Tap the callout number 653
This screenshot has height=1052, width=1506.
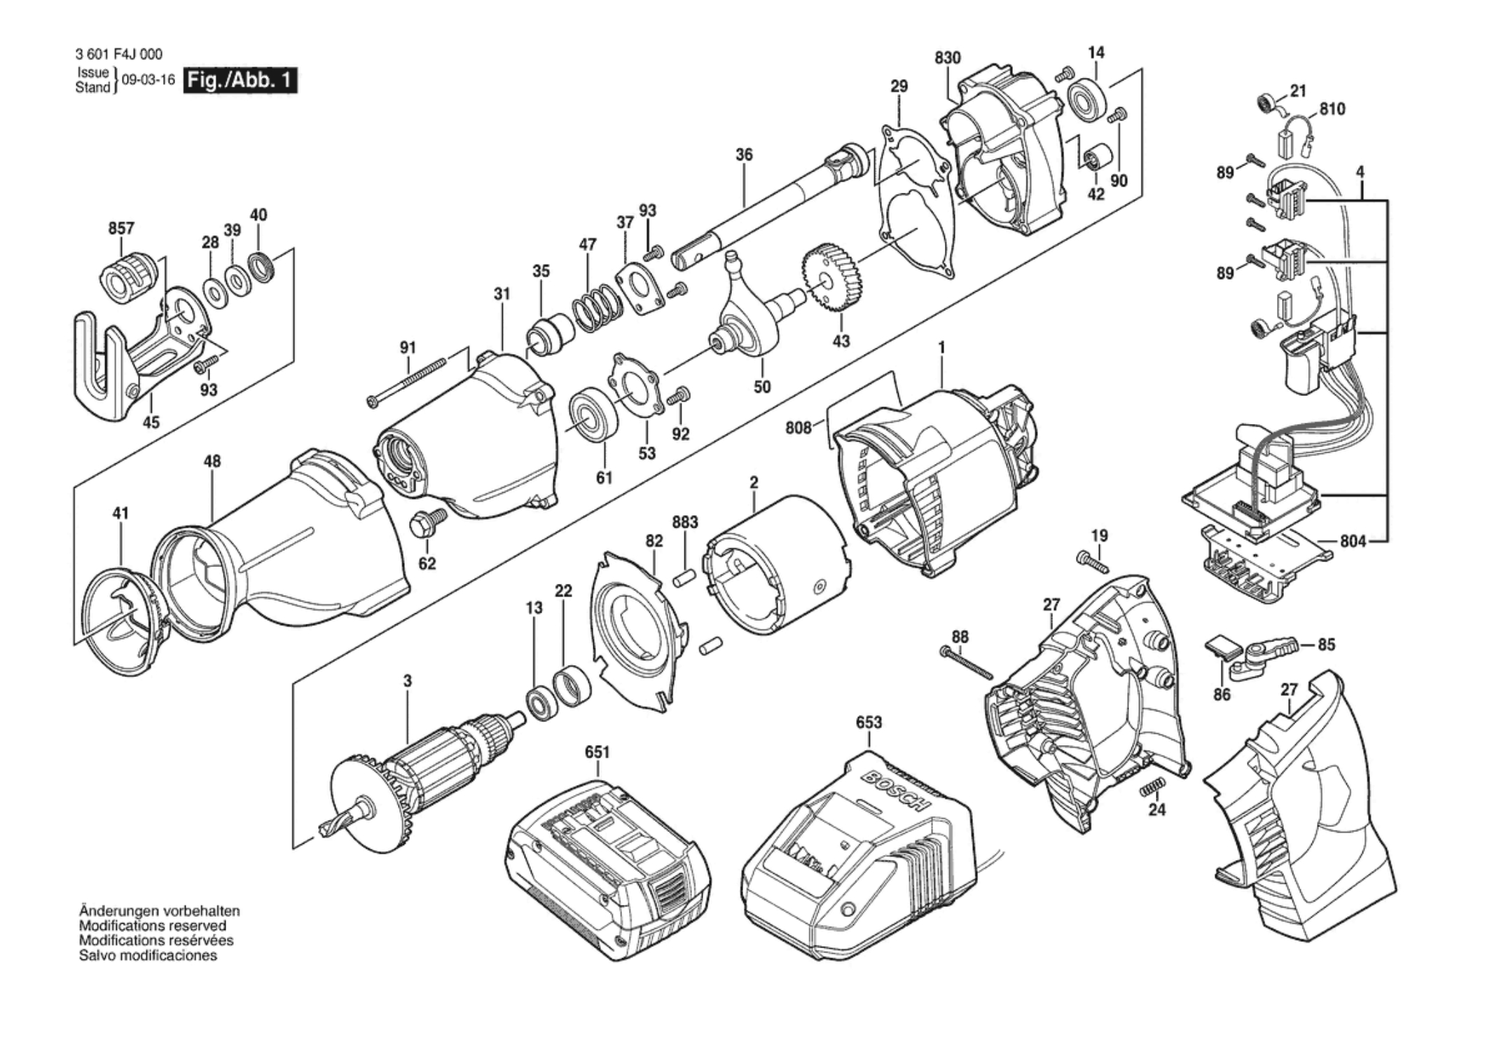(869, 722)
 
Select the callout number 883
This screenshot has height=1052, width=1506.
(684, 522)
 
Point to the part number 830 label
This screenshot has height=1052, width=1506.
(948, 57)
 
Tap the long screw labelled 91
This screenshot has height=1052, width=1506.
(407, 382)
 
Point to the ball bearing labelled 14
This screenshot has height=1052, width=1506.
(1088, 98)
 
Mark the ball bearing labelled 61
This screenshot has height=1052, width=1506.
(593, 414)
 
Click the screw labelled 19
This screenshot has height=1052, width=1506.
(1090, 561)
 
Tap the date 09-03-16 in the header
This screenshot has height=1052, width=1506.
(148, 80)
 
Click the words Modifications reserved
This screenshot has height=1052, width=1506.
(153, 926)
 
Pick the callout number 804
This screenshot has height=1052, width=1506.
(1353, 541)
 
